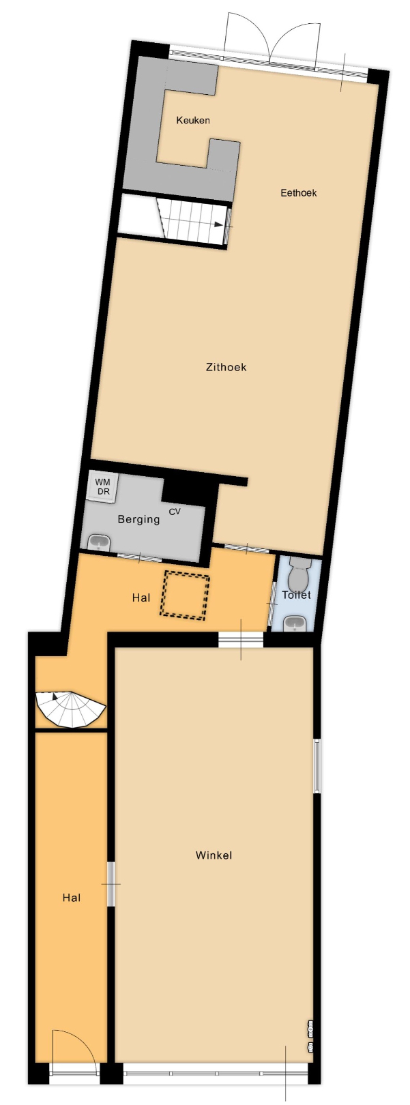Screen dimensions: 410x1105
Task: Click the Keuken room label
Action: click(193, 120)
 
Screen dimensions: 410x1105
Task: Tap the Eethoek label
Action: click(299, 193)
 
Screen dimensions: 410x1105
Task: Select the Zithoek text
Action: click(226, 367)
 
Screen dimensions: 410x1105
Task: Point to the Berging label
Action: click(138, 519)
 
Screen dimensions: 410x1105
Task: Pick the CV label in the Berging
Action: click(175, 512)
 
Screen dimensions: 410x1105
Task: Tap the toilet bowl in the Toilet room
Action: click(299, 573)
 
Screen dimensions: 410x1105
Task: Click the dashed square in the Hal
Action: click(184, 595)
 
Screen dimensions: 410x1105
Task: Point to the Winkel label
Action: click(214, 855)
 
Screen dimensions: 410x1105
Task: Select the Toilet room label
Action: click(296, 595)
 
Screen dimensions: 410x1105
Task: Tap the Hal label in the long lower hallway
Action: click(72, 898)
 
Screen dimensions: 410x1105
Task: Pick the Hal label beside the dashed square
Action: click(141, 598)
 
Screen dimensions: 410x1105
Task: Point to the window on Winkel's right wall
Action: click(317, 765)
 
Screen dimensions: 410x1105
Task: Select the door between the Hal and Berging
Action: click(139, 559)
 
